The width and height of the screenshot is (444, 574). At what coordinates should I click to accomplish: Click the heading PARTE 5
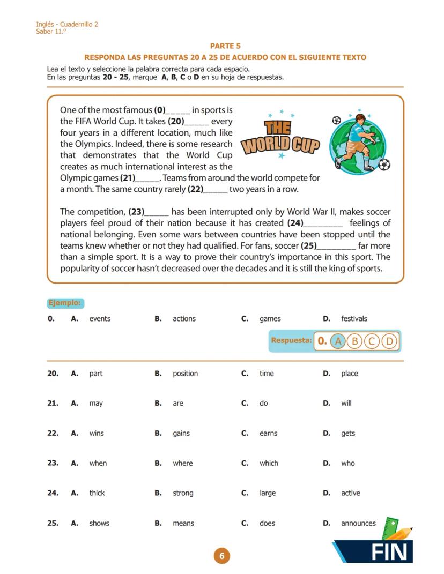point(225,46)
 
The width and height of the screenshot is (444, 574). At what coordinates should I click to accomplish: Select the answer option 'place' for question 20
point(349,374)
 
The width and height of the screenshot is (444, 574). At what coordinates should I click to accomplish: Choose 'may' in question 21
point(96,404)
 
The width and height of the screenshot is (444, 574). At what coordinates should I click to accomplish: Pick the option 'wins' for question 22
point(97,434)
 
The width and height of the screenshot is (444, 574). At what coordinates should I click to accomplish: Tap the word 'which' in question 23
point(269,464)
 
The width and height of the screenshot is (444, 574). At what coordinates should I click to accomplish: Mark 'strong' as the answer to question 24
point(183,493)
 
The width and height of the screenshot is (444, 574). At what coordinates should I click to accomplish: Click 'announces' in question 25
point(358,523)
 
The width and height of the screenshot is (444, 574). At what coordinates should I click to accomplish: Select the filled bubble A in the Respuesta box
point(337,341)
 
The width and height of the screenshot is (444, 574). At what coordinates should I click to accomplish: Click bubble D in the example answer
point(390,341)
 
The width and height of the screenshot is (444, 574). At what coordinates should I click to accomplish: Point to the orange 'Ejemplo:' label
point(65,303)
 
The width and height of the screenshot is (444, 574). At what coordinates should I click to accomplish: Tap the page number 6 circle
point(221,556)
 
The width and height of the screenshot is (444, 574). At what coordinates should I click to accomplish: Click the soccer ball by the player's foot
point(384,164)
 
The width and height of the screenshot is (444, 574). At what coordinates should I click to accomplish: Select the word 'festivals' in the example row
point(354,319)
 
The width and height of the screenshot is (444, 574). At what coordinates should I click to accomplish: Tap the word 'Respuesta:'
point(291,340)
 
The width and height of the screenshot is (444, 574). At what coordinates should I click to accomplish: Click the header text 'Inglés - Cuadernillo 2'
point(67,24)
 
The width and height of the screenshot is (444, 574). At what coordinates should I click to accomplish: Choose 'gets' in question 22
point(348,434)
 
